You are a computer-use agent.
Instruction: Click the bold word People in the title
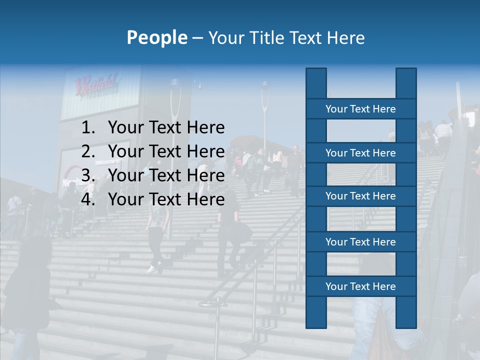(157, 37)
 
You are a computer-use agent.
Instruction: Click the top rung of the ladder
(360, 109)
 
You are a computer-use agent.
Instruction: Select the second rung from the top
(360, 153)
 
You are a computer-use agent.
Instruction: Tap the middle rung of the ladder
(360, 196)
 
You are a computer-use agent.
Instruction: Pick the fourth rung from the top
(360, 242)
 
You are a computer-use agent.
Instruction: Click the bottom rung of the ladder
(360, 286)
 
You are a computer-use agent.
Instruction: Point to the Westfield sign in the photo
(96, 84)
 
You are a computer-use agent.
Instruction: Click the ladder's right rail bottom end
(406, 322)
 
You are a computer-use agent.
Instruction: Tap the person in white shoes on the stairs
(156, 235)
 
